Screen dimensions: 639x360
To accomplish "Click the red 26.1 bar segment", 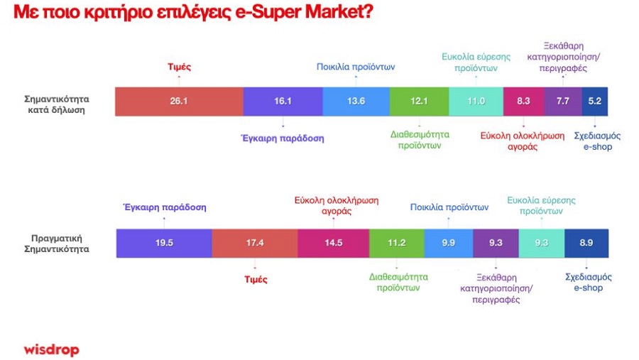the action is pyautogui.click(x=179, y=101).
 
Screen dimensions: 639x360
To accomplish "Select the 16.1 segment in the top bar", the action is pyautogui.click(x=283, y=101).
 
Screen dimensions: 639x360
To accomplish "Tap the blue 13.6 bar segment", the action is pyautogui.click(x=356, y=101).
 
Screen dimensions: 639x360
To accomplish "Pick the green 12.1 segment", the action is pyautogui.click(x=420, y=101).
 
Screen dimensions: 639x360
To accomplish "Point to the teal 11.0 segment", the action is pyautogui.click(x=476, y=101).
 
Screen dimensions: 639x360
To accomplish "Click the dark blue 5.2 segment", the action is pyautogui.click(x=594, y=101).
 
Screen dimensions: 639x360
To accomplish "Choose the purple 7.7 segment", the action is pyautogui.click(x=563, y=101).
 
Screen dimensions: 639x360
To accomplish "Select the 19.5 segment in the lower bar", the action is pyautogui.click(x=164, y=243).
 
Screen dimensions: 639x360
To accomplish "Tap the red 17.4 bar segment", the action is pyautogui.click(x=255, y=243).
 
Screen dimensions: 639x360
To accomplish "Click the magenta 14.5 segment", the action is pyautogui.click(x=334, y=243).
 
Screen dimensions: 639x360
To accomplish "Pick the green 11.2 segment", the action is pyautogui.click(x=396, y=243).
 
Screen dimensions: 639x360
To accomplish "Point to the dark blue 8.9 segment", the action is pyautogui.click(x=586, y=243).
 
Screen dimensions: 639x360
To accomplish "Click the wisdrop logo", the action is pyautogui.click(x=51, y=349).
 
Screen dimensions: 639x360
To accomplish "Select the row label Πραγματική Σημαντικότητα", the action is pyautogui.click(x=57, y=244).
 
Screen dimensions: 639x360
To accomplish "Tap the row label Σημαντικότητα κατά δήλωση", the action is pyautogui.click(x=57, y=104).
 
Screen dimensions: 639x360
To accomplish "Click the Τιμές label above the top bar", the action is pyautogui.click(x=180, y=67).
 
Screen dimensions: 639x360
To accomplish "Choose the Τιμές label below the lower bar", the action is pyautogui.click(x=256, y=279).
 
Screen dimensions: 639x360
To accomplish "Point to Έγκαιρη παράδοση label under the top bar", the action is pyautogui.click(x=283, y=138).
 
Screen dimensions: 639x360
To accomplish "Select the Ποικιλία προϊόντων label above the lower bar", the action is pyautogui.click(x=449, y=207).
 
